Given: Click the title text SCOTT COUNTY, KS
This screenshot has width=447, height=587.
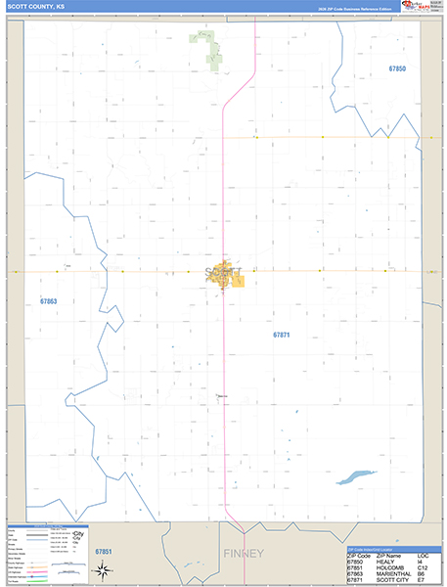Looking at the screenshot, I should pos(38,7).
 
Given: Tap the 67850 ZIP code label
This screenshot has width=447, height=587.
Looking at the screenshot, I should pos(396,69).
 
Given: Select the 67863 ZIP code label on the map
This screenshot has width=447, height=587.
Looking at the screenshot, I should pos(49,301).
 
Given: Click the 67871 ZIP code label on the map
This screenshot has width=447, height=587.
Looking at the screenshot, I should pos(282,335).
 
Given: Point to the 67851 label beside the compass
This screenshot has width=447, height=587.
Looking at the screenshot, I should pos(105,553).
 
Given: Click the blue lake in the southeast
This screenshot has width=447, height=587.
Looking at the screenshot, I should pos(354,478).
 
